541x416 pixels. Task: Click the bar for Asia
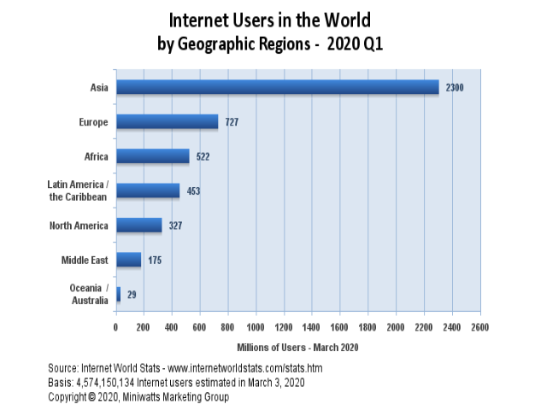click(x=277, y=87)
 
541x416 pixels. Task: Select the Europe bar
click(x=167, y=122)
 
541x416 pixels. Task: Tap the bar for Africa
click(x=152, y=156)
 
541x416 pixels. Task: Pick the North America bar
click(x=138, y=226)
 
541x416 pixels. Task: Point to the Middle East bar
click(x=128, y=260)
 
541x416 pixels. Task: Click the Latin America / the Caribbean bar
click(x=148, y=190)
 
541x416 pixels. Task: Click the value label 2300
click(x=455, y=87)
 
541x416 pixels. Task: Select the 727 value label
click(x=232, y=122)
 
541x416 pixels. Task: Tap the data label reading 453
click(x=193, y=191)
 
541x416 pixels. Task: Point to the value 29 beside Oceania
click(x=131, y=295)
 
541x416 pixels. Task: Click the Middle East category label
click(x=84, y=260)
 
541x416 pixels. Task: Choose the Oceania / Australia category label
click(x=89, y=294)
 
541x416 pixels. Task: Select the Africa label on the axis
click(x=94, y=156)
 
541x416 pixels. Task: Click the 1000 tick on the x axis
click(x=256, y=326)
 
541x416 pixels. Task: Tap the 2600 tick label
click(x=479, y=326)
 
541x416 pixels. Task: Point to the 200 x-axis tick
click(x=144, y=326)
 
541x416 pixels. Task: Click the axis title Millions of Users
click(x=298, y=347)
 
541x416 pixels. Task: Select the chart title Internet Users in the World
click(x=270, y=18)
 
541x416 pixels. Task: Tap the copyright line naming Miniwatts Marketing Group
click(x=138, y=396)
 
